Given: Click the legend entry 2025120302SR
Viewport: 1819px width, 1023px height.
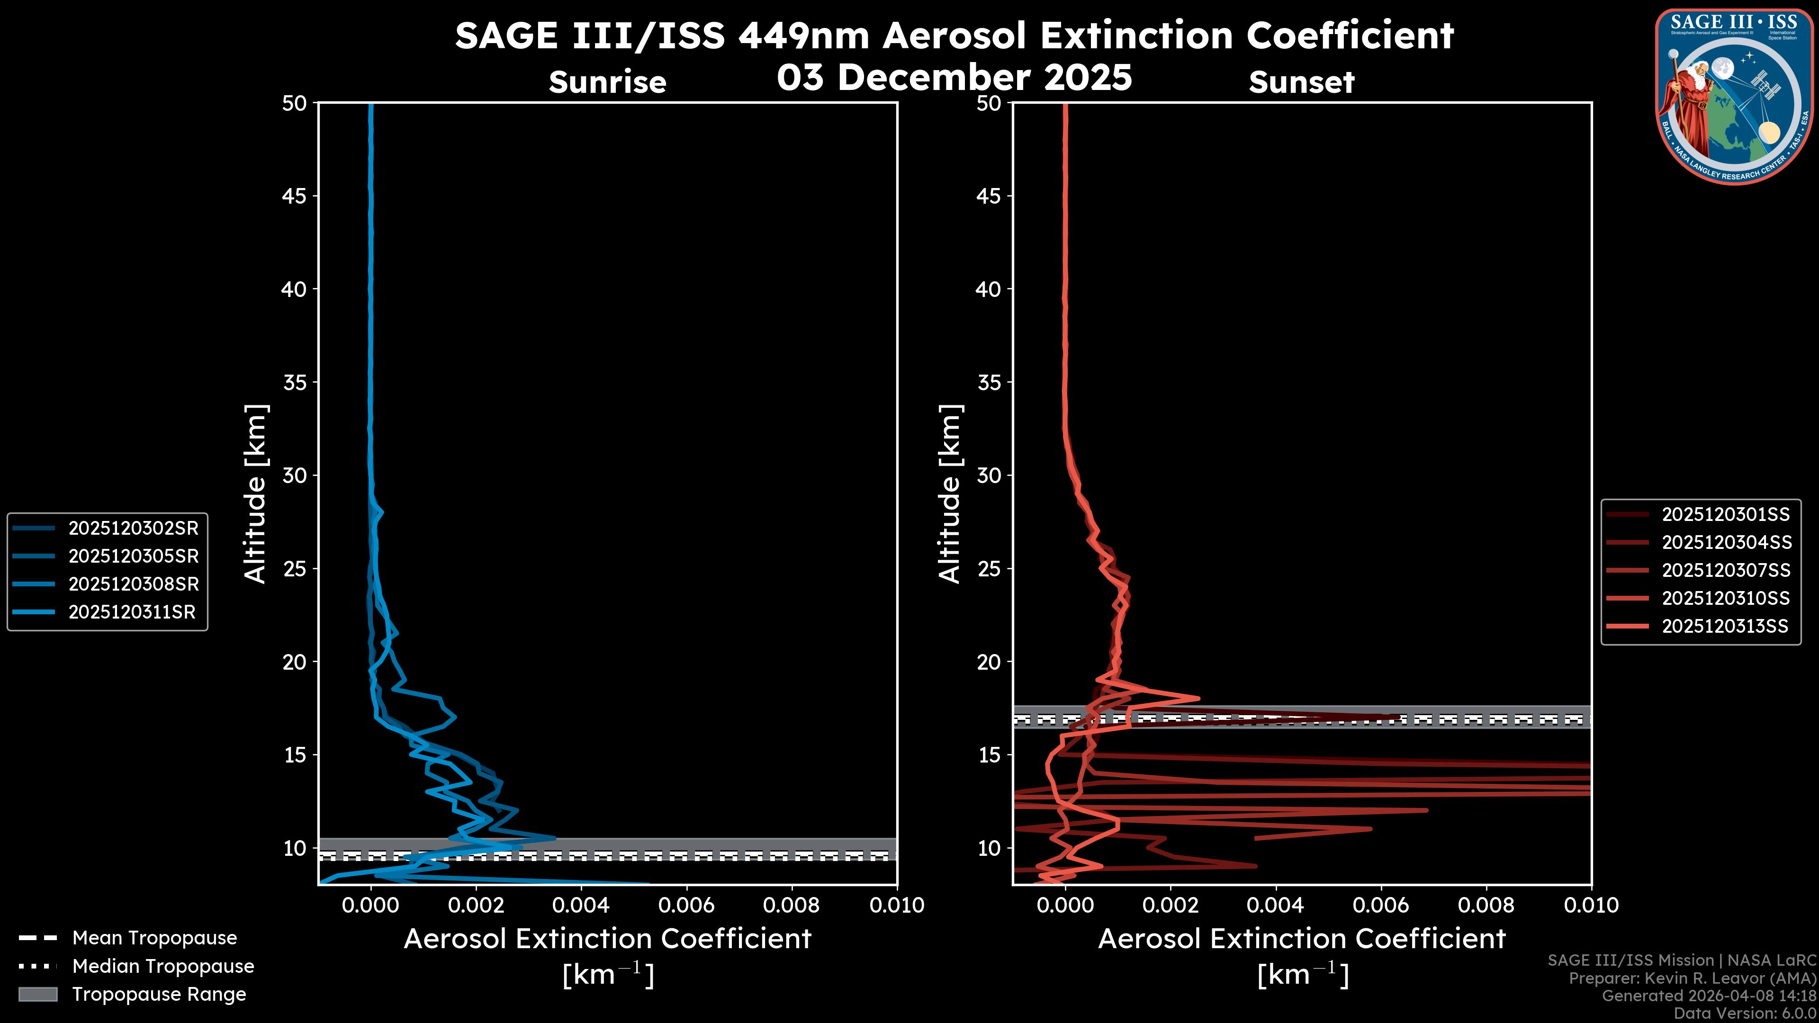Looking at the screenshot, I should tap(133, 528).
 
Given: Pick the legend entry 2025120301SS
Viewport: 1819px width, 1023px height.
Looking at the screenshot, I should tap(1725, 515).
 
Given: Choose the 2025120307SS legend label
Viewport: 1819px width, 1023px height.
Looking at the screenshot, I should tap(1726, 570).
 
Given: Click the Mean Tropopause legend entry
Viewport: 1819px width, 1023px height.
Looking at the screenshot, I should tap(154, 938).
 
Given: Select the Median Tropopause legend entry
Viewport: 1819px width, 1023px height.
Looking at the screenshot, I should tap(162, 967).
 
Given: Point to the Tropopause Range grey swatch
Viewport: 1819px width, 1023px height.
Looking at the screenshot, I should tap(38, 994).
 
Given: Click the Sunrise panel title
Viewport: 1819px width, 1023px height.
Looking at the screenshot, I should tap(607, 82).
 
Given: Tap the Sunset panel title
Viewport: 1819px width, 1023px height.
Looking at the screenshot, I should tap(1301, 82).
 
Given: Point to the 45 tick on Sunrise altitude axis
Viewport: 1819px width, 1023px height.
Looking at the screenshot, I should tap(295, 196).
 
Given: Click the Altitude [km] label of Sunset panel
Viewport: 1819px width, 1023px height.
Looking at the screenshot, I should tap(950, 494).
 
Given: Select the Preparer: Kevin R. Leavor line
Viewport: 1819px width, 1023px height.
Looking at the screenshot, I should tap(1692, 978).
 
